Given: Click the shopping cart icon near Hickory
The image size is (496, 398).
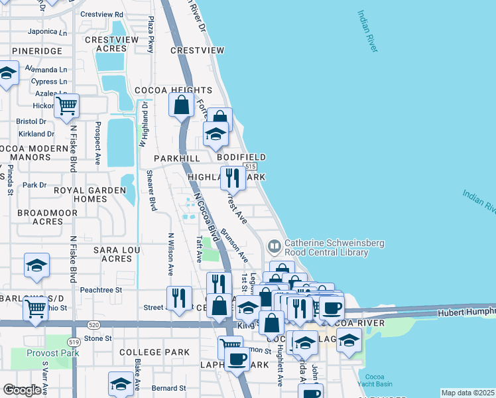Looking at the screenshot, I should tap(66, 105).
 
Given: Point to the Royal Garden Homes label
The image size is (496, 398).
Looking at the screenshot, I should tap(90, 194).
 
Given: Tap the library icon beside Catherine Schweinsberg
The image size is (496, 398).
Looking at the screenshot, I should tap(273, 247).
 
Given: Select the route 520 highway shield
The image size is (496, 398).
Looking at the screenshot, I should tap(93, 324).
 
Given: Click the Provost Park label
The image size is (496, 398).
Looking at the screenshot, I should tap(53, 353).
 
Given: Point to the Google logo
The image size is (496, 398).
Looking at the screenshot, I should tap(22, 390).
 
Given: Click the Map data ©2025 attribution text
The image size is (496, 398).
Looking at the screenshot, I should tap(467, 393).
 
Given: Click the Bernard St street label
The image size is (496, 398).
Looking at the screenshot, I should tap(168, 388).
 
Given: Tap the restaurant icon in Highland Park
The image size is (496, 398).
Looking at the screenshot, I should tap(231, 178).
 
